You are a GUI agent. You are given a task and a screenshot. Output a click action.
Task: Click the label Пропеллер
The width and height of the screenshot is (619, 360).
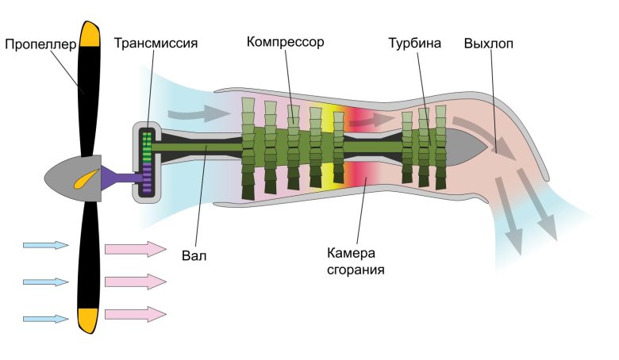pos(40,44)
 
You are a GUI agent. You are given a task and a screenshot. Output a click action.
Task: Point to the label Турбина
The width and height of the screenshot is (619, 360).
pos(413,42)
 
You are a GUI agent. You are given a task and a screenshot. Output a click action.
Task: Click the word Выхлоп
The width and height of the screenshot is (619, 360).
pos(488,42)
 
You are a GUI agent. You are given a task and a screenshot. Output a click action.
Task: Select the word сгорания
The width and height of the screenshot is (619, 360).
pos(356,270)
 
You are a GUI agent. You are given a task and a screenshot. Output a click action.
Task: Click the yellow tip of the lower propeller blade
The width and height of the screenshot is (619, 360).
pos(87,320)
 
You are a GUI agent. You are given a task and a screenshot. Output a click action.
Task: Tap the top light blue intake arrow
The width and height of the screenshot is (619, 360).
pos(46,245)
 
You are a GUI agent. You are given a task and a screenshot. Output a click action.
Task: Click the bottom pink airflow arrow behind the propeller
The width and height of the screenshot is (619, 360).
pos(135,313)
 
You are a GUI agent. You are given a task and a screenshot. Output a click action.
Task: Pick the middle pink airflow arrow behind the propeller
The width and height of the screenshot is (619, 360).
pos(135,281)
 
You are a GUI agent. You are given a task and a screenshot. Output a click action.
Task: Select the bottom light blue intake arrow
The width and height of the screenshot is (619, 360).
pos(46,318)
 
